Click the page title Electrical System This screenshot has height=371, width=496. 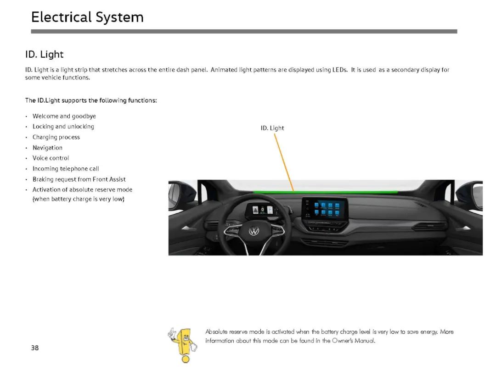point(87,17)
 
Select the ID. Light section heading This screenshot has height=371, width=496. point(44,54)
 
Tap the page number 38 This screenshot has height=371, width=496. point(35,348)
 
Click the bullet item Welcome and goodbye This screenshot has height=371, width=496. point(64,116)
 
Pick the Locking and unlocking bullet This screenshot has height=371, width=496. point(63,126)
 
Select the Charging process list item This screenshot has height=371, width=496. point(56,137)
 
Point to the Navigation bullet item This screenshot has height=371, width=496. point(47,148)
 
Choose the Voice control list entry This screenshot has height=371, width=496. point(51,158)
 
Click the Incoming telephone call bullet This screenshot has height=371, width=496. point(66,169)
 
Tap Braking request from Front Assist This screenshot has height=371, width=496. point(79,179)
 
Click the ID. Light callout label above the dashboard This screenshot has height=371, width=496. point(272,128)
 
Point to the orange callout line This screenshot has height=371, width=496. point(284,162)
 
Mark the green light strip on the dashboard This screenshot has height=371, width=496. point(325,192)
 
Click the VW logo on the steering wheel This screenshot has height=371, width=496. point(254,232)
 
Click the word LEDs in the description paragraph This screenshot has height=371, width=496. point(339,70)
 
